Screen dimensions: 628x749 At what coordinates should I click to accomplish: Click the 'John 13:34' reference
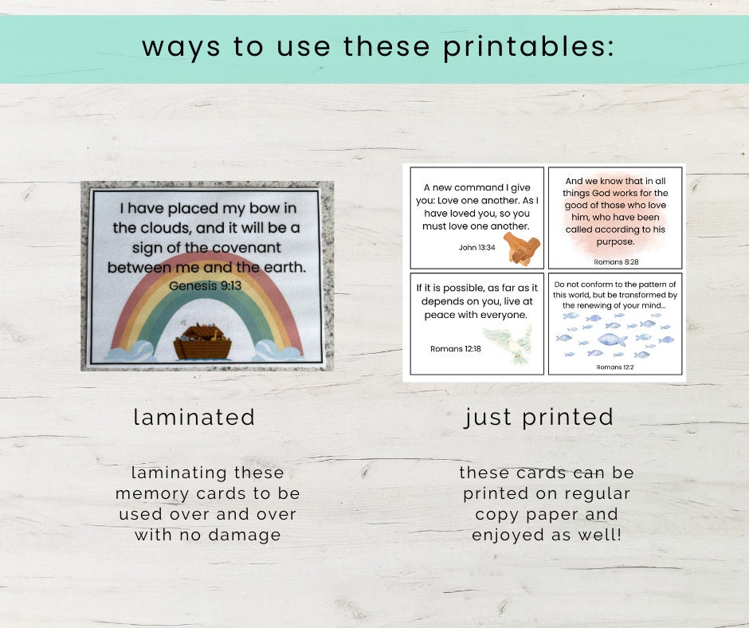click(x=477, y=247)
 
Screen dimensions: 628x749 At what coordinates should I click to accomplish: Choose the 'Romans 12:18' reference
click(x=456, y=348)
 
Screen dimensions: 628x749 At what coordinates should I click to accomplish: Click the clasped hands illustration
click(x=522, y=249)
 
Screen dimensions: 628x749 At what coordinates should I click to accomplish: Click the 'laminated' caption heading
click(x=194, y=417)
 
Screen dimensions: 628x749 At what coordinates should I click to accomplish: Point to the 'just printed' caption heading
click(x=539, y=417)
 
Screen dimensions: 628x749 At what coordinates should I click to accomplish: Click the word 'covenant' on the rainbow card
click(x=260, y=247)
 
